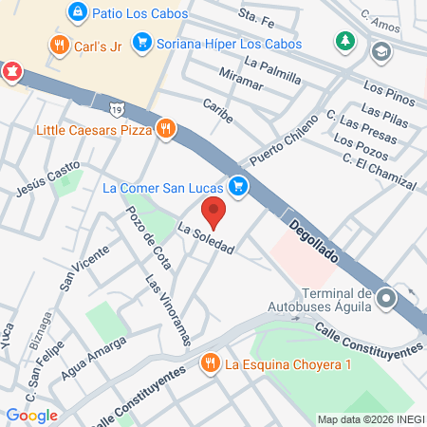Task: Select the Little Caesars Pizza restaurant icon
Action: pos(166,129)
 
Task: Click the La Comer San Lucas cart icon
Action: pos(238,187)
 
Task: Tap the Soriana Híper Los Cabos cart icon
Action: pos(142,42)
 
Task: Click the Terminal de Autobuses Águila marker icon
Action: pos(385,300)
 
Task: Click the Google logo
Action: pos(32,415)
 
